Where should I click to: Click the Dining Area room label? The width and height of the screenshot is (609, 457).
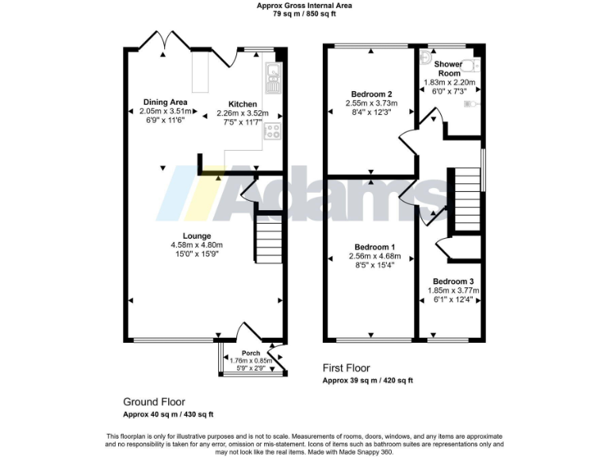click(165, 102)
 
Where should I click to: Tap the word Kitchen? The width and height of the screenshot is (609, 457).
click(243, 104)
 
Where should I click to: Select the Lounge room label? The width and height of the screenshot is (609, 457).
click(196, 236)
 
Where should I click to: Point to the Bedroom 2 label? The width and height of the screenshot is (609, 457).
click(372, 94)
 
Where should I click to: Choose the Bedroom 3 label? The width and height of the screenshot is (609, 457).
click(453, 282)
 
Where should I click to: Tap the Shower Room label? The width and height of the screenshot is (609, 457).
click(449, 68)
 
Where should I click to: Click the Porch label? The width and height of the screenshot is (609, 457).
click(251, 353)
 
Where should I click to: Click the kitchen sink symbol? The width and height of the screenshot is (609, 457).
click(274, 75)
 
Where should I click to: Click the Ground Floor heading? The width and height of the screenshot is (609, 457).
click(154, 402)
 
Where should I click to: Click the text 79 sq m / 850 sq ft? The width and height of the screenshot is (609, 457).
click(304, 14)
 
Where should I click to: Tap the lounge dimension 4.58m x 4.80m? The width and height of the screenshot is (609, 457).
click(196, 245)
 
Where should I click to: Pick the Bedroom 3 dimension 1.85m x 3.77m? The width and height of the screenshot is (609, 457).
click(453, 290)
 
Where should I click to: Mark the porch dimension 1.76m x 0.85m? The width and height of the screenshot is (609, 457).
click(251, 361)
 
